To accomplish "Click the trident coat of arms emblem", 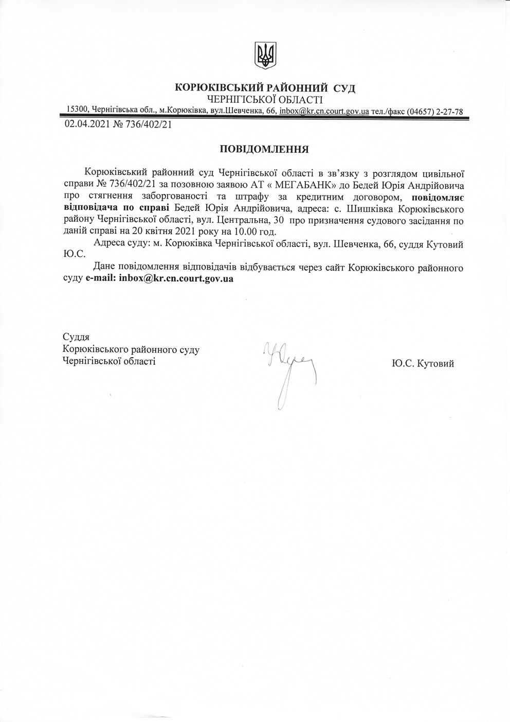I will [265, 56].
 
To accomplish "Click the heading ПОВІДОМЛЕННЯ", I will [264, 150].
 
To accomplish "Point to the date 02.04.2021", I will [87, 124].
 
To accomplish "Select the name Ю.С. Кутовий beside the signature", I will [423, 363].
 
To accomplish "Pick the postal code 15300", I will [78, 110].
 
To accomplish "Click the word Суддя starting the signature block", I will [76, 338].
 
